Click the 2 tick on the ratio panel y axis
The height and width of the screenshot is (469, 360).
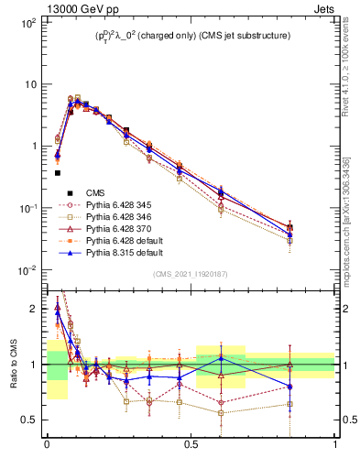pyautogui.click(x=35, y=310)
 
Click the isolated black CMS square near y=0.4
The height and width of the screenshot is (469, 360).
pyautogui.click(x=57, y=172)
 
